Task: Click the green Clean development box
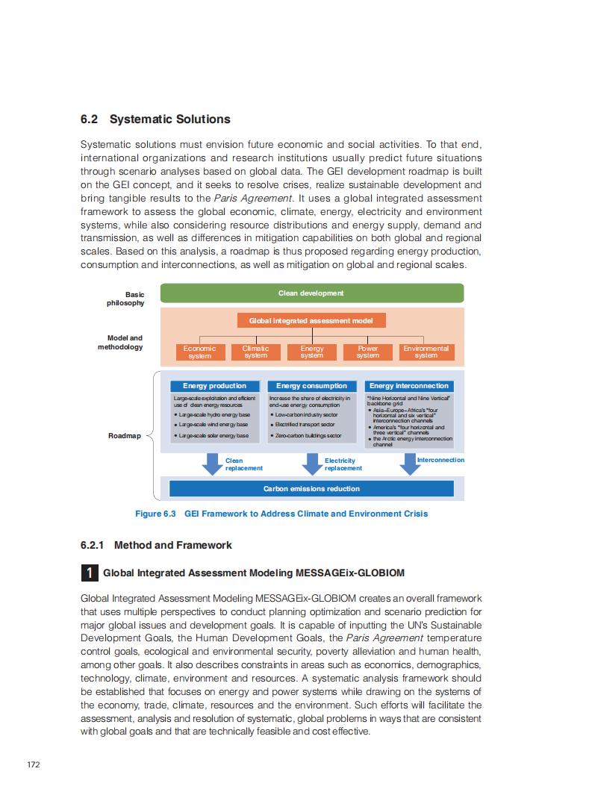(x=311, y=293)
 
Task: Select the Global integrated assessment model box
(x=311, y=320)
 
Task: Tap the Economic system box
(x=199, y=352)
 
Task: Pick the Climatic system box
(x=255, y=352)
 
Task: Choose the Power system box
(x=367, y=352)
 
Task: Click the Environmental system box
(x=426, y=352)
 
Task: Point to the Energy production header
(x=214, y=386)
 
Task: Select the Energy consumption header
(x=311, y=386)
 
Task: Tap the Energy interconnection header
(x=409, y=386)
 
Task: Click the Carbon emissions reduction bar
(x=311, y=489)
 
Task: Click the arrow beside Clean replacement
(x=212, y=464)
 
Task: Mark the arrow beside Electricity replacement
(x=311, y=464)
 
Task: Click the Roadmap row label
(x=125, y=436)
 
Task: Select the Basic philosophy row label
(x=126, y=299)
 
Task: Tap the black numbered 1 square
(x=89, y=573)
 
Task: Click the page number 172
(x=33, y=764)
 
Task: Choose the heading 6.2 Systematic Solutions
(x=155, y=119)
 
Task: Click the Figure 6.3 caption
(x=281, y=514)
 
